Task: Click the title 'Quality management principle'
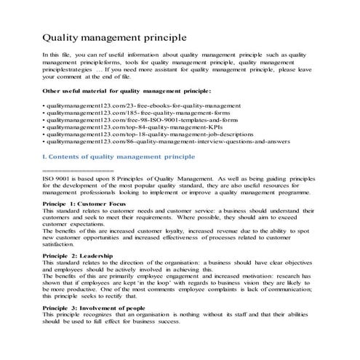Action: [115, 36]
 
